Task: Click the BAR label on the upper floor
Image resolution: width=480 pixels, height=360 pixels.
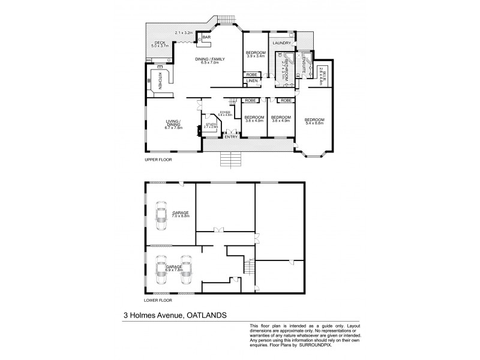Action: [207, 37]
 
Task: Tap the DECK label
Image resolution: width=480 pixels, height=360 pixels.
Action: [160, 43]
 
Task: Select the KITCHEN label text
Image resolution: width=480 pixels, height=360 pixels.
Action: [160, 80]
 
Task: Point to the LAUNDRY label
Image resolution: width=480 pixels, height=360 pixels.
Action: [281, 43]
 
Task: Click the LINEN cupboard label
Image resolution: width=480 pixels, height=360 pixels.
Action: [251, 80]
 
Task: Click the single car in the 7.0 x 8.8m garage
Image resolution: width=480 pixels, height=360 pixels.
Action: [161, 216]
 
